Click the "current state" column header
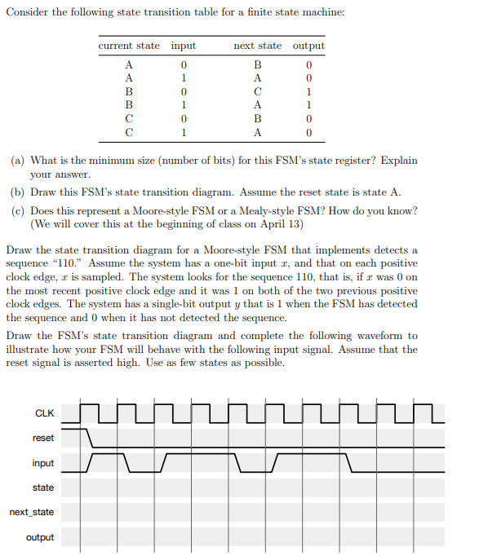pyautogui.click(x=129, y=46)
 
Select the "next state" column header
pyautogui.click(x=257, y=46)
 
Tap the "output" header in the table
pyautogui.click(x=308, y=46)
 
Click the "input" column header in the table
pyautogui.click(x=184, y=46)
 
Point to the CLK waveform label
pyautogui.click(x=44, y=413)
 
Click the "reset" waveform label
pyautogui.click(x=43, y=438)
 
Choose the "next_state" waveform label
pyautogui.click(x=32, y=512)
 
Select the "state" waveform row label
pyautogui.click(x=43, y=487)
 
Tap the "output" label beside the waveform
pyautogui.click(x=40, y=537)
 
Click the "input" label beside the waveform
pyautogui.click(x=43, y=463)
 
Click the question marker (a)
pyautogui.click(x=17, y=161)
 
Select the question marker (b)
pyautogui.click(x=17, y=192)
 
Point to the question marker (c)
pyautogui.click(x=17, y=210)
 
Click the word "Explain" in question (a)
pyautogui.click(x=397, y=161)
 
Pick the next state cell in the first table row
pyautogui.click(x=258, y=64)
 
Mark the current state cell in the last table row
pyautogui.click(x=129, y=132)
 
